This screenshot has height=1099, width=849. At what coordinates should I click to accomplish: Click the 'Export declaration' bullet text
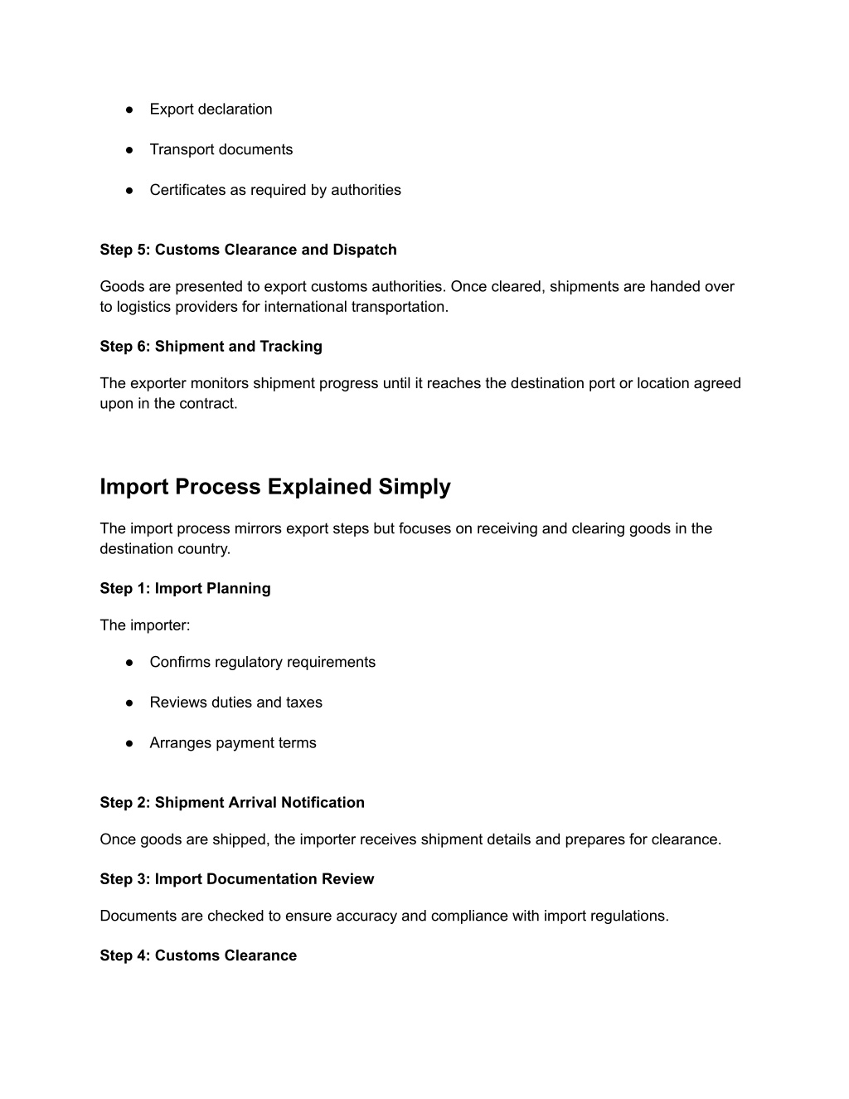pos(211,109)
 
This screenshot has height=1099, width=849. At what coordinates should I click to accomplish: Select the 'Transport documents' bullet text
pos(221,150)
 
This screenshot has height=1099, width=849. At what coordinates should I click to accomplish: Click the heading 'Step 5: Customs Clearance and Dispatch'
pos(248,250)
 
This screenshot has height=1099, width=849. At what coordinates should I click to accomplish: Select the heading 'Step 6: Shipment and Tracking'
pos(211,347)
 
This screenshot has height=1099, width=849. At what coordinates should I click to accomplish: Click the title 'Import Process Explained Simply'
pos(274,487)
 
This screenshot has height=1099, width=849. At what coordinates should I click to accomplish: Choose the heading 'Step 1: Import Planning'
pos(185,589)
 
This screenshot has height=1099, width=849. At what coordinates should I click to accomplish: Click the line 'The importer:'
pos(144,625)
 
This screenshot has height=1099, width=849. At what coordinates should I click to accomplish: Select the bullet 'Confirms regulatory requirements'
pos(262,663)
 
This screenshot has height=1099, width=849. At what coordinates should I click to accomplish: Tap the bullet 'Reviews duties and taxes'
pos(235,703)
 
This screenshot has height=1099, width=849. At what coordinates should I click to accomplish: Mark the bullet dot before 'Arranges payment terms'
pos(130,743)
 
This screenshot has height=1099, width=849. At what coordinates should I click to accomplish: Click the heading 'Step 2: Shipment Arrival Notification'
pos(232,803)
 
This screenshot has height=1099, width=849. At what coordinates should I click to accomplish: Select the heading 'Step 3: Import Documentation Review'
pos(236,879)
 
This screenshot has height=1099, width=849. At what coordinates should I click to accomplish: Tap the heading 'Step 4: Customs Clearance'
pos(198,956)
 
